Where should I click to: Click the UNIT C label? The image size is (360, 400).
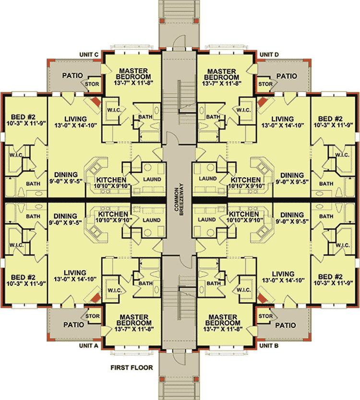(x=90, y=55)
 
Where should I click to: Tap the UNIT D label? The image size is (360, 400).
(x=269, y=55)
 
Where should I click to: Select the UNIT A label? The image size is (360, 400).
(x=90, y=345)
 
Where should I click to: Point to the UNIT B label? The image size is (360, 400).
(x=269, y=345)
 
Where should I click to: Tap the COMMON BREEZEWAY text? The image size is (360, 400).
(x=179, y=200)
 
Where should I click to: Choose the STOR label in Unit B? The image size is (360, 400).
(x=265, y=315)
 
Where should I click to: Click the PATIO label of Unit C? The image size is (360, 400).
(x=73, y=75)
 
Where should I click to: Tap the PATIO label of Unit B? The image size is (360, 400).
(x=287, y=325)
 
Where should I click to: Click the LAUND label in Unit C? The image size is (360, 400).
(x=152, y=180)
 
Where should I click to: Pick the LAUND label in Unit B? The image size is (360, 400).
(x=207, y=220)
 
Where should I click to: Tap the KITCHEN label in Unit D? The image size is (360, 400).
(x=245, y=179)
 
